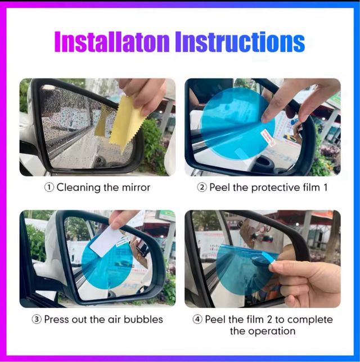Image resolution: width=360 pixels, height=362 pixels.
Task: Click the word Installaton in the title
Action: pyautogui.click(x=112, y=43)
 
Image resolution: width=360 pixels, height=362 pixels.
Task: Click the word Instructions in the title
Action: pyautogui.click(x=240, y=43)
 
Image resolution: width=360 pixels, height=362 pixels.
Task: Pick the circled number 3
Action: pyautogui.click(x=37, y=319)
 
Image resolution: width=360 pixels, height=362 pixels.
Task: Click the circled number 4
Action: pyautogui.click(x=197, y=319)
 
